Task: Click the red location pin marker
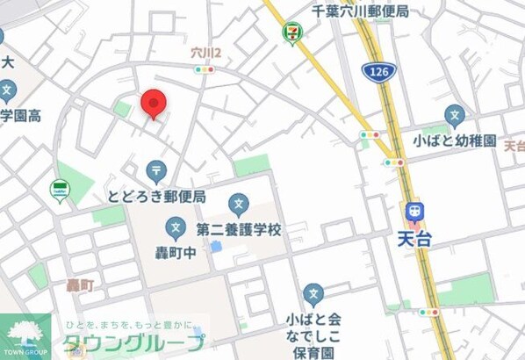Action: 154,104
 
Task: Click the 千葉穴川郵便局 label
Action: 360,11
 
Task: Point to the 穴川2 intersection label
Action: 206,54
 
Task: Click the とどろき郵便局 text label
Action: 156,195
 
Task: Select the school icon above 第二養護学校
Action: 239,205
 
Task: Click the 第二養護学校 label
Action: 239,230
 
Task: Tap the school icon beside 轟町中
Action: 176,231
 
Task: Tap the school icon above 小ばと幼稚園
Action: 454,115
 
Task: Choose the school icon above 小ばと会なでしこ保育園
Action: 313,294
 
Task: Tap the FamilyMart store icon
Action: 60,189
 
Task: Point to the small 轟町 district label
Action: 80,284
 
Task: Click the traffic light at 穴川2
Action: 205,68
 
